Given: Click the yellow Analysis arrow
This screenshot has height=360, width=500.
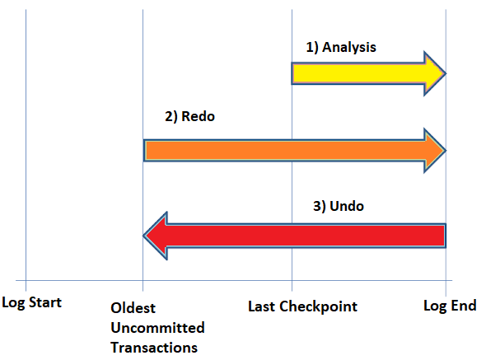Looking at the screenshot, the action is (368, 73).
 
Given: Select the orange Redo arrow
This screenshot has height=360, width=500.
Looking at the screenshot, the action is (295, 150).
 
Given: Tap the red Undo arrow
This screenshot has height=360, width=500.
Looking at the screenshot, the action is (295, 236).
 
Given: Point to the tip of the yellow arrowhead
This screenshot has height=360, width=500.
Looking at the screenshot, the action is (446, 73).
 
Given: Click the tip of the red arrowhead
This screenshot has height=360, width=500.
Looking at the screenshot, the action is (143, 236).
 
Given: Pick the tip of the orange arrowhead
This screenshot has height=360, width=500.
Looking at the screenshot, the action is (446, 150).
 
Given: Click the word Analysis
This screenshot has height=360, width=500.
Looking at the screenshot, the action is (349, 48).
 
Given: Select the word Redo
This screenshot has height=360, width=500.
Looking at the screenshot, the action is (198, 116).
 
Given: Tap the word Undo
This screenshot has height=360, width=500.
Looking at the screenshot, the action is (347, 206).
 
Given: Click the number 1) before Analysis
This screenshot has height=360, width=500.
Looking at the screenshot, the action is (312, 47).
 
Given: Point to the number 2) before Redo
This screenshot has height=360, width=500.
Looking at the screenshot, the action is (171, 117).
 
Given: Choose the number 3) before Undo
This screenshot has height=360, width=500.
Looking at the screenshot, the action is (320, 207).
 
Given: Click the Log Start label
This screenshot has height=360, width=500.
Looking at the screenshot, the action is (31, 302).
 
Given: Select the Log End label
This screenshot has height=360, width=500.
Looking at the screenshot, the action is (450, 306).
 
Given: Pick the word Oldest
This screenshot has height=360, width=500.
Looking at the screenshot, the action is (133, 308).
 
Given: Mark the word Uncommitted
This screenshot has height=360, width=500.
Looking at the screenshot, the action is (157, 328).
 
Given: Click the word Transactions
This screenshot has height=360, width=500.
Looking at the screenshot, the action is (154, 348).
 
